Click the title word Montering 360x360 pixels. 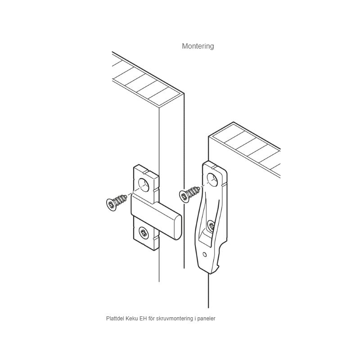pos(198,46)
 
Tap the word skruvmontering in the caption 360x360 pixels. pos(172,319)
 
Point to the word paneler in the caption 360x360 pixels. pos(207,319)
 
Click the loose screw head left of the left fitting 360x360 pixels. pos(111,204)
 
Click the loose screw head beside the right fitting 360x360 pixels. pos(184,196)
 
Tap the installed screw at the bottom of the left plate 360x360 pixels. pos(144,232)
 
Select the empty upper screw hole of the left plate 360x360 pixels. pos(144,184)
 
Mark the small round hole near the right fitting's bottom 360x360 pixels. pos(205,254)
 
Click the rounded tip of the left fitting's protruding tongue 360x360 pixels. pos(177,227)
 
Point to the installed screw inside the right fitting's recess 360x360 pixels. pos(211,226)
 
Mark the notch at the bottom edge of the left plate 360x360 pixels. pos(155,239)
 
